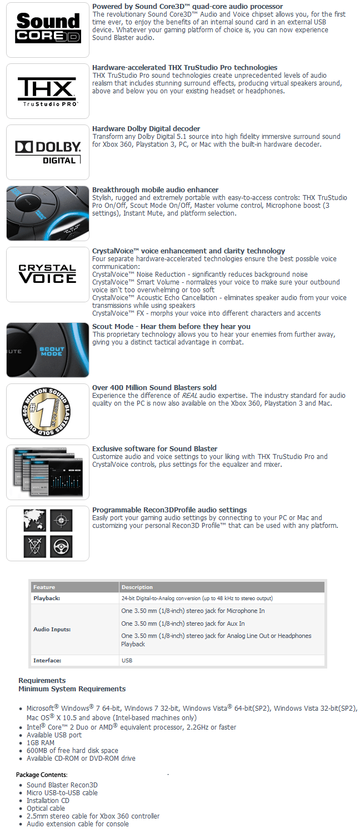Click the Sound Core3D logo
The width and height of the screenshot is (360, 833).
(48, 29)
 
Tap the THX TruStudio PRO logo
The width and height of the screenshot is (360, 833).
(48, 91)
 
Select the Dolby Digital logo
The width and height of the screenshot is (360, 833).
(48, 152)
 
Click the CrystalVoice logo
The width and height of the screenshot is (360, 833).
(48, 275)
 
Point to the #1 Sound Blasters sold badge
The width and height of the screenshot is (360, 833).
(48, 411)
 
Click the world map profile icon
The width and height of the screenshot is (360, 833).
(34, 520)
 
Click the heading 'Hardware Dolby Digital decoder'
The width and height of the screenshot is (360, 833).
(146, 129)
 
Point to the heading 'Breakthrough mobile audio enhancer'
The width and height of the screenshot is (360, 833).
(155, 190)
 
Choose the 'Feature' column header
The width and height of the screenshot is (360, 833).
(44, 587)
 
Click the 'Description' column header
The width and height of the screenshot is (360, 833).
(137, 587)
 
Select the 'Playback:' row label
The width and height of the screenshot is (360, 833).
(47, 598)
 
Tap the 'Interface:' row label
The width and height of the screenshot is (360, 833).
(47, 661)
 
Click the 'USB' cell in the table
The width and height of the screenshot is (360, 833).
(127, 661)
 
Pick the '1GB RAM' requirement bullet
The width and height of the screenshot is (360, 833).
(40, 742)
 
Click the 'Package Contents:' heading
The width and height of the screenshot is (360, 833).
(42, 775)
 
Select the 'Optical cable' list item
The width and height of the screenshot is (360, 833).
(46, 808)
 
